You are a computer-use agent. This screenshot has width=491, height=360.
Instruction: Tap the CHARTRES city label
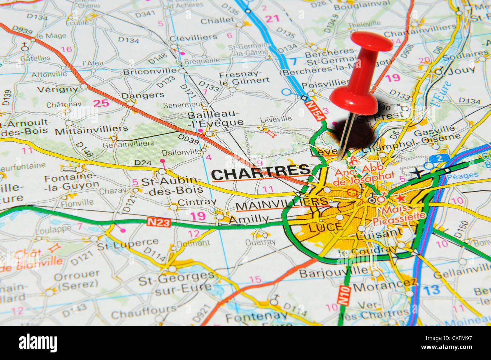click(x=260, y=173)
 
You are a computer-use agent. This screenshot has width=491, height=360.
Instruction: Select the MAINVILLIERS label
click(x=281, y=204)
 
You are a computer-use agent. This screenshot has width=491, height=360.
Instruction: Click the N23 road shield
click(x=158, y=222)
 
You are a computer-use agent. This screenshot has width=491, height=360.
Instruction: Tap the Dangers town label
click(x=143, y=95)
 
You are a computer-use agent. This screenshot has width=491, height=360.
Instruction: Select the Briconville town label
click(x=150, y=71)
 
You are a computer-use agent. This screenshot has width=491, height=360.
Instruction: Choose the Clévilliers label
click(x=193, y=37)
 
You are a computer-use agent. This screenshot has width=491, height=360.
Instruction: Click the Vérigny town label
click(x=58, y=90)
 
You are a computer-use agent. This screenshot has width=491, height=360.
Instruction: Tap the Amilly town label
click(x=249, y=219)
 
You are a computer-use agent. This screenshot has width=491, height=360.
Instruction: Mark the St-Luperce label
click(x=128, y=244)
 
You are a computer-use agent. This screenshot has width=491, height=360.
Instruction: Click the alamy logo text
click(x=38, y=343)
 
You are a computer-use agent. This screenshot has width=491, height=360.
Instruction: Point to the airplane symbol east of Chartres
click(x=417, y=173)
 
